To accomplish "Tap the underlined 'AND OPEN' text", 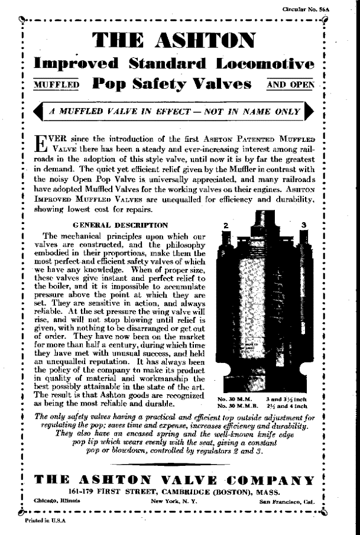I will (291, 84).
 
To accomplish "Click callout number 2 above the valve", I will (228, 225).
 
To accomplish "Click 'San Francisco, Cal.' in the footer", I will (288, 500).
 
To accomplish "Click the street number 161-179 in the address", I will (83, 491).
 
